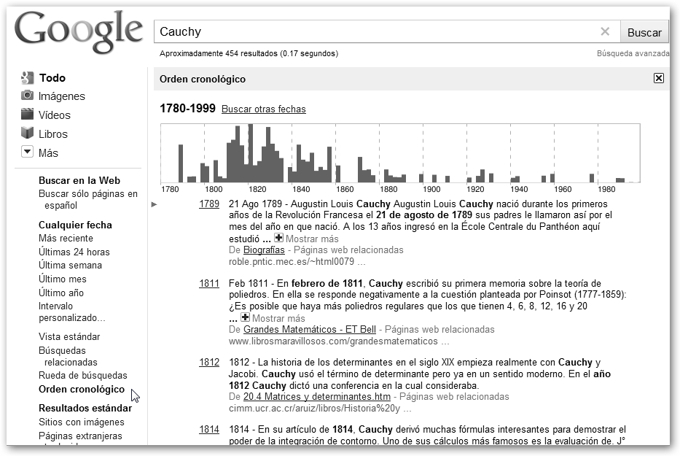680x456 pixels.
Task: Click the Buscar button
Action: tap(644, 32)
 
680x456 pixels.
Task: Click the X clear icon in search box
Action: tap(605, 31)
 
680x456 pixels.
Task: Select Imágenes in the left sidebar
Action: tap(61, 96)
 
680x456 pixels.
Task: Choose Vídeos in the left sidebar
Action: tap(55, 115)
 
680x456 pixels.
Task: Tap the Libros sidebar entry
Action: tap(53, 134)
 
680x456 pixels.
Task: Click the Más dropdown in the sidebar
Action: tap(48, 153)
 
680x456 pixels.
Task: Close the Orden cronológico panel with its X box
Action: tap(659, 79)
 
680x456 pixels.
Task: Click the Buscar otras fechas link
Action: tap(264, 109)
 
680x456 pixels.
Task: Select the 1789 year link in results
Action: tap(209, 204)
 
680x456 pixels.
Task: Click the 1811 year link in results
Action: tap(209, 284)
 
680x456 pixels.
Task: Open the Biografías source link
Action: tap(264, 250)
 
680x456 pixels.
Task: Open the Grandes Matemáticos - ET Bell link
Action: tap(310, 330)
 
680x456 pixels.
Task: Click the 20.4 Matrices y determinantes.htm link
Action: tap(317, 397)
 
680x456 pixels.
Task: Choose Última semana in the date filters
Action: tap(70, 266)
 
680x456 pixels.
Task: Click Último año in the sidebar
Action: tap(61, 293)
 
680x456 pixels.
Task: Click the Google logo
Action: tap(79, 31)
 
